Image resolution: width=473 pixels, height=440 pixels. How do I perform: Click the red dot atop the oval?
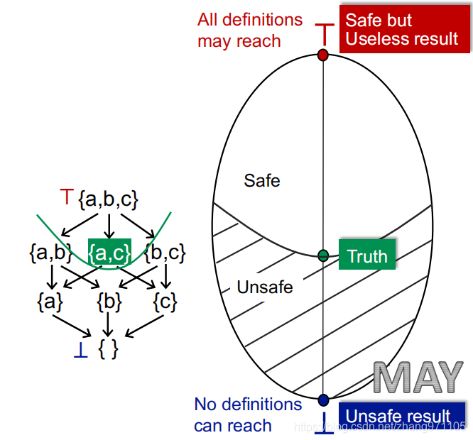pyautogui.click(x=322, y=55)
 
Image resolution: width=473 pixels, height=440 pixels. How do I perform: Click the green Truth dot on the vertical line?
pyautogui.click(x=323, y=255)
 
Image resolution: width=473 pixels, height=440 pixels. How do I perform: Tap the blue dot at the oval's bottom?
pyautogui.click(x=324, y=400)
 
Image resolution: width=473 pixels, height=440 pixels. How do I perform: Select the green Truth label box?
pyautogui.click(x=366, y=255)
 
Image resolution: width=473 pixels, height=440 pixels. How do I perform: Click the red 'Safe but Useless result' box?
pyautogui.click(x=404, y=29)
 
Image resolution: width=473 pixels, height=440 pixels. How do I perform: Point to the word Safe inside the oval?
pyautogui.click(x=262, y=180)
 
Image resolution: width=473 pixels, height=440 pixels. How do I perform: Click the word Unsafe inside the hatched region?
pyautogui.click(x=264, y=288)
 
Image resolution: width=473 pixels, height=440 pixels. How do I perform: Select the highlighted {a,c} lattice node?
pyautogui.click(x=109, y=251)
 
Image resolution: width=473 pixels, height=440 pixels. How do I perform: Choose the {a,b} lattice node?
pyautogui.click(x=50, y=251)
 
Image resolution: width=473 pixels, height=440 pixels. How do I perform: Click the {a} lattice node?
pyautogui.click(x=50, y=302)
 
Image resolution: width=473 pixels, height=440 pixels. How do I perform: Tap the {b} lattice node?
pyautogui.click(x=109, y=302)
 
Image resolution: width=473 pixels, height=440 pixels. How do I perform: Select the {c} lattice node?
pyautogui.click(x=165, y=302)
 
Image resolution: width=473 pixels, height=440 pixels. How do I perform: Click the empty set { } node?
pyautogui.click(x=109, y=349)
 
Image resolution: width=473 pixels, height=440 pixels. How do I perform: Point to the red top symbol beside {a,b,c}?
pyautogui.click(x=66, y=197)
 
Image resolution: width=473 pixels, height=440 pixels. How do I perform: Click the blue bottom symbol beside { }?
pyautogui.click(x=81, y=351)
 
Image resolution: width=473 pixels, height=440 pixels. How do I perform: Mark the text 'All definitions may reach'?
pyautogui.click(x=250, y=30)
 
